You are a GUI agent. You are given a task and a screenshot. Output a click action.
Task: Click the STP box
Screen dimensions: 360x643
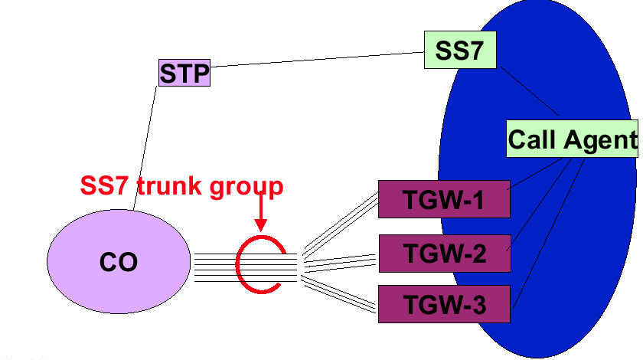point(184,74)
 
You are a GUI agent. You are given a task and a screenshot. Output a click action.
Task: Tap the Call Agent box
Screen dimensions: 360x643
point(571,139)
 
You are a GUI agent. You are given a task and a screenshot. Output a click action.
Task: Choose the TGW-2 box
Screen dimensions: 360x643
point(444,253)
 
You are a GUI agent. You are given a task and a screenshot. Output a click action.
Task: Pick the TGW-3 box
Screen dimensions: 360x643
point(444,304)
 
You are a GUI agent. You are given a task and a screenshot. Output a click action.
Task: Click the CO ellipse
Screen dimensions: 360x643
point(119,261)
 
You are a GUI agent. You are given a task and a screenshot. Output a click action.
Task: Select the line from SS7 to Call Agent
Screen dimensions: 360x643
point(528,92)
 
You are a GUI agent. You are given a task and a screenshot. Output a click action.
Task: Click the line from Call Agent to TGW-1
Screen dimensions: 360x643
point(536,172)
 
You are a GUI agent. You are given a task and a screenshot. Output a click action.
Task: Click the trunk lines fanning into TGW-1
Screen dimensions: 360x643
point(341,222)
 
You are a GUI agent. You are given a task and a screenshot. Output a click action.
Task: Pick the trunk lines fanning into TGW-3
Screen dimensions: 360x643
point(341,294)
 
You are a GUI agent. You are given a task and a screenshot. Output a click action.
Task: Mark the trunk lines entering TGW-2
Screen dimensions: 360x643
point(341,258)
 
